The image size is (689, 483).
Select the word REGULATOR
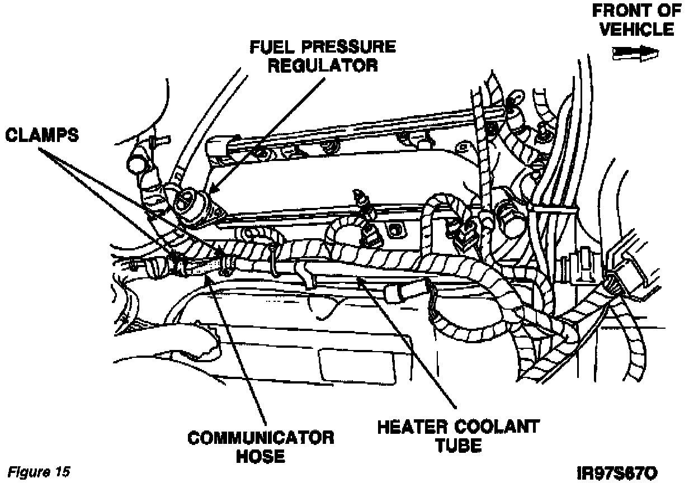click(323, 65)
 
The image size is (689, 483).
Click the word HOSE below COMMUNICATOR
click(260, 456)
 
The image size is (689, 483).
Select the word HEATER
click(410, 428)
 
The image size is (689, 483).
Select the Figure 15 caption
click(39, 471)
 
